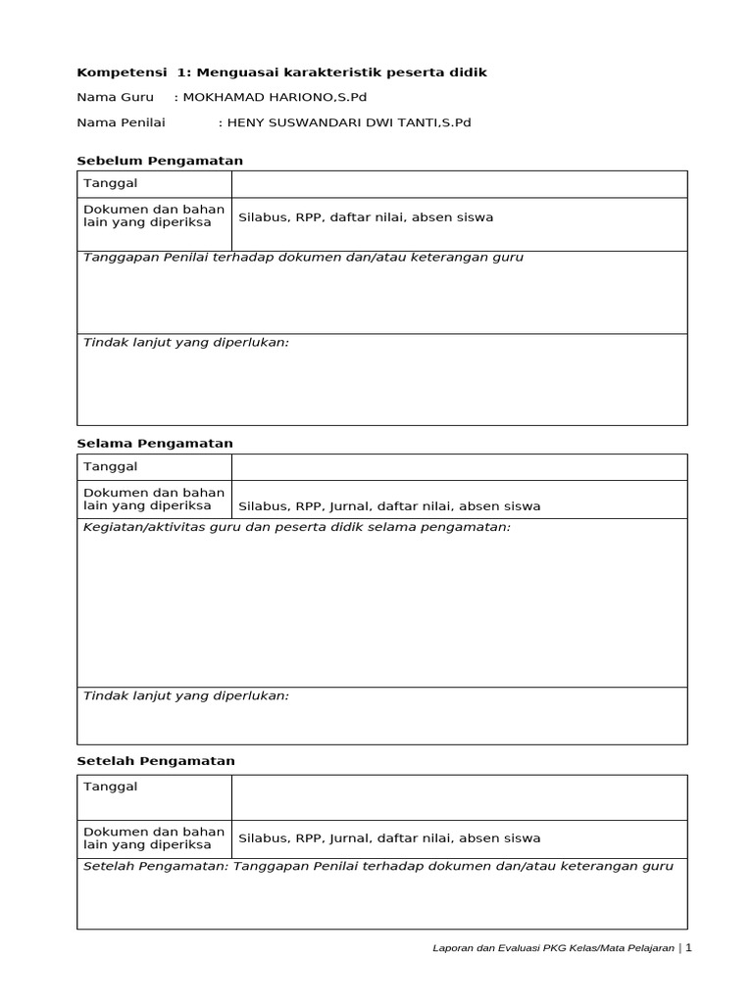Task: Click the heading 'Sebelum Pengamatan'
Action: (160, 161)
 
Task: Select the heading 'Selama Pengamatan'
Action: (155, 444)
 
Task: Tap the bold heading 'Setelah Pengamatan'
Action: (156, 761)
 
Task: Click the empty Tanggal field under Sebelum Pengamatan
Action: (459, 184)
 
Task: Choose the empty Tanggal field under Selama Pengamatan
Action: (459, 467)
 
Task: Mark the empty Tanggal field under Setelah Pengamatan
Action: (459, 797)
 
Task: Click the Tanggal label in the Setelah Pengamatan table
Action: (111, 787)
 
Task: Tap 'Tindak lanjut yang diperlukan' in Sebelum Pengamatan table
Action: (186, 344)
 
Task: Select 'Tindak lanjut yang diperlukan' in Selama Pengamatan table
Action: (186, 695)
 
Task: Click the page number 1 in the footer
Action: (688, 948)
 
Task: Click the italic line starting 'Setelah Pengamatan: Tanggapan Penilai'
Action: (378, 867)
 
